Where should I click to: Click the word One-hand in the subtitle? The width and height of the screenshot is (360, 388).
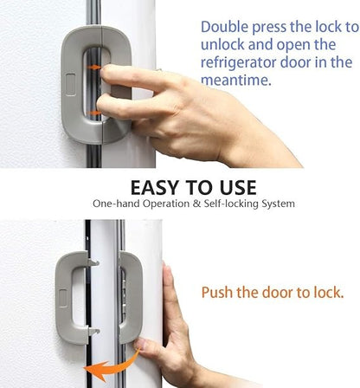point(115,204)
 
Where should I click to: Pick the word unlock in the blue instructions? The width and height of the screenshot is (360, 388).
point(223,45)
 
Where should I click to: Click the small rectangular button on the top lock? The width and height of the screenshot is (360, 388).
point(70,86)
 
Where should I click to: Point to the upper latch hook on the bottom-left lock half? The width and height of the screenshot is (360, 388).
point(91,262)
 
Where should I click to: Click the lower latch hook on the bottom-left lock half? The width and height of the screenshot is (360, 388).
point(91,331)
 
